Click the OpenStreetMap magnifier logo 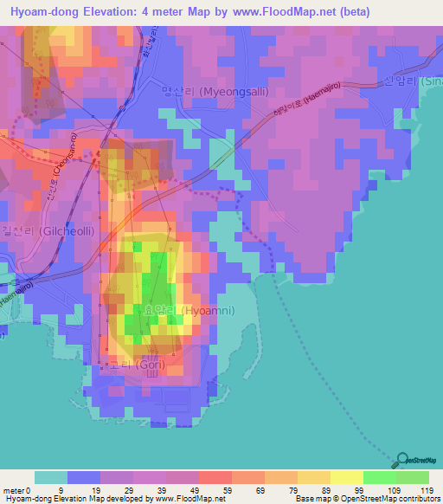(402, 461)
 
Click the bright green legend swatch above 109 (379, 477)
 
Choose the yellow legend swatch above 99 (346, 477)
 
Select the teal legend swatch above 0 (51, 477)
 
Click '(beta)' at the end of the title (354, 12)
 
